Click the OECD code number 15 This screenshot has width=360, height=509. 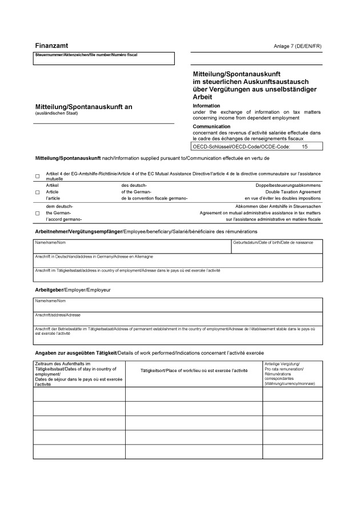305,147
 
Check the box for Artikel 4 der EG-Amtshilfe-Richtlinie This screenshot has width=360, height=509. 38,177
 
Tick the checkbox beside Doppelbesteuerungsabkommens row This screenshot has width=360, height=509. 38,193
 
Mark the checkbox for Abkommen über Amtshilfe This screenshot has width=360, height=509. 38,213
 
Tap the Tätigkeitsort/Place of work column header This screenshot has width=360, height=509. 194,371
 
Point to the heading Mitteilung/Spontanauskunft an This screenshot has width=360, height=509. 84,107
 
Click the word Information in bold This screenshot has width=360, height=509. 206,106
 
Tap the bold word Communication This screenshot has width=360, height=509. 211,126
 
